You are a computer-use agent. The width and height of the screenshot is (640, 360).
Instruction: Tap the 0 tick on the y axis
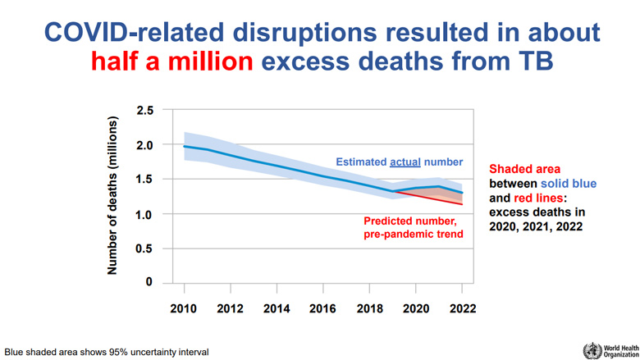click(149, 283)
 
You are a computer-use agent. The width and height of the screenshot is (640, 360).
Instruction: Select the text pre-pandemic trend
click(414, 235)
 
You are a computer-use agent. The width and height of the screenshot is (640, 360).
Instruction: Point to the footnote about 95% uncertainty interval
click(106, 351)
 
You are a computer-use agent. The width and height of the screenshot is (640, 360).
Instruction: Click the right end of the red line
click(463, 204)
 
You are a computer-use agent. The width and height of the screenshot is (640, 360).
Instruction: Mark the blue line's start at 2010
click(184, 146)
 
